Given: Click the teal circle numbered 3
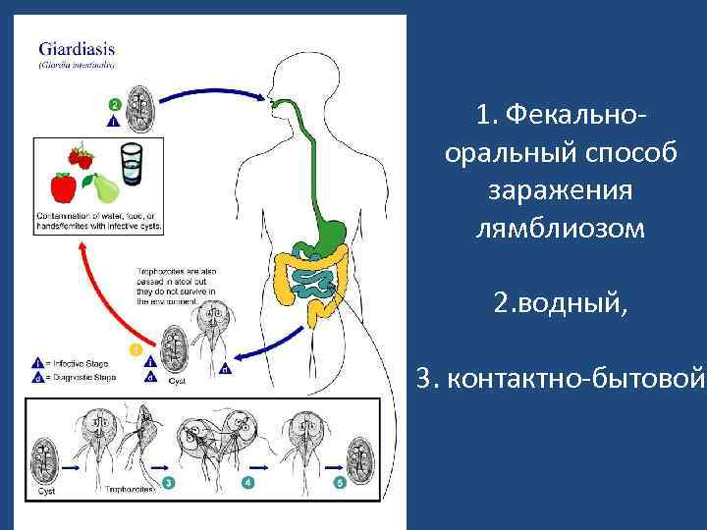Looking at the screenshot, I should point(170,484).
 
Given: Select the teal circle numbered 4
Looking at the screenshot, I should point(248,484).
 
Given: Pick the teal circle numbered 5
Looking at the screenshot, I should point(340,484).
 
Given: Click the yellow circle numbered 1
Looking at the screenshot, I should point(136,349).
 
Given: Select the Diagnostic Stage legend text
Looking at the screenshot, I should point(79,376).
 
